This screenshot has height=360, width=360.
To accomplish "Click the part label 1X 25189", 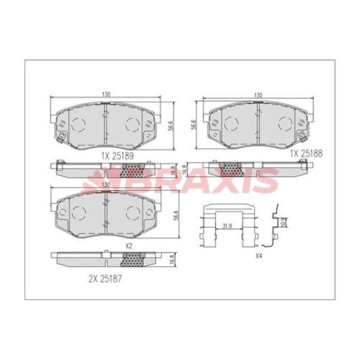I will click(116, 154).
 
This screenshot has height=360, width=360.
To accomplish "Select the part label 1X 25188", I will click(306, 153).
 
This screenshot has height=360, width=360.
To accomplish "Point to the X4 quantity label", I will click(259, 256).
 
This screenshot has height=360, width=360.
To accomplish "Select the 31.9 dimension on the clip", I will click(225, 226).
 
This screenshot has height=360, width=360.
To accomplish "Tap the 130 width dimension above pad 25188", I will click(258, 95).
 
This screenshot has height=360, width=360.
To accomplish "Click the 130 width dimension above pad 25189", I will click(106, 95).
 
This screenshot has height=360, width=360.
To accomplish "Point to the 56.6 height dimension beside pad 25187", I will click(175, 215).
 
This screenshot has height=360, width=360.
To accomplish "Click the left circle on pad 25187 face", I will click(77, 213).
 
